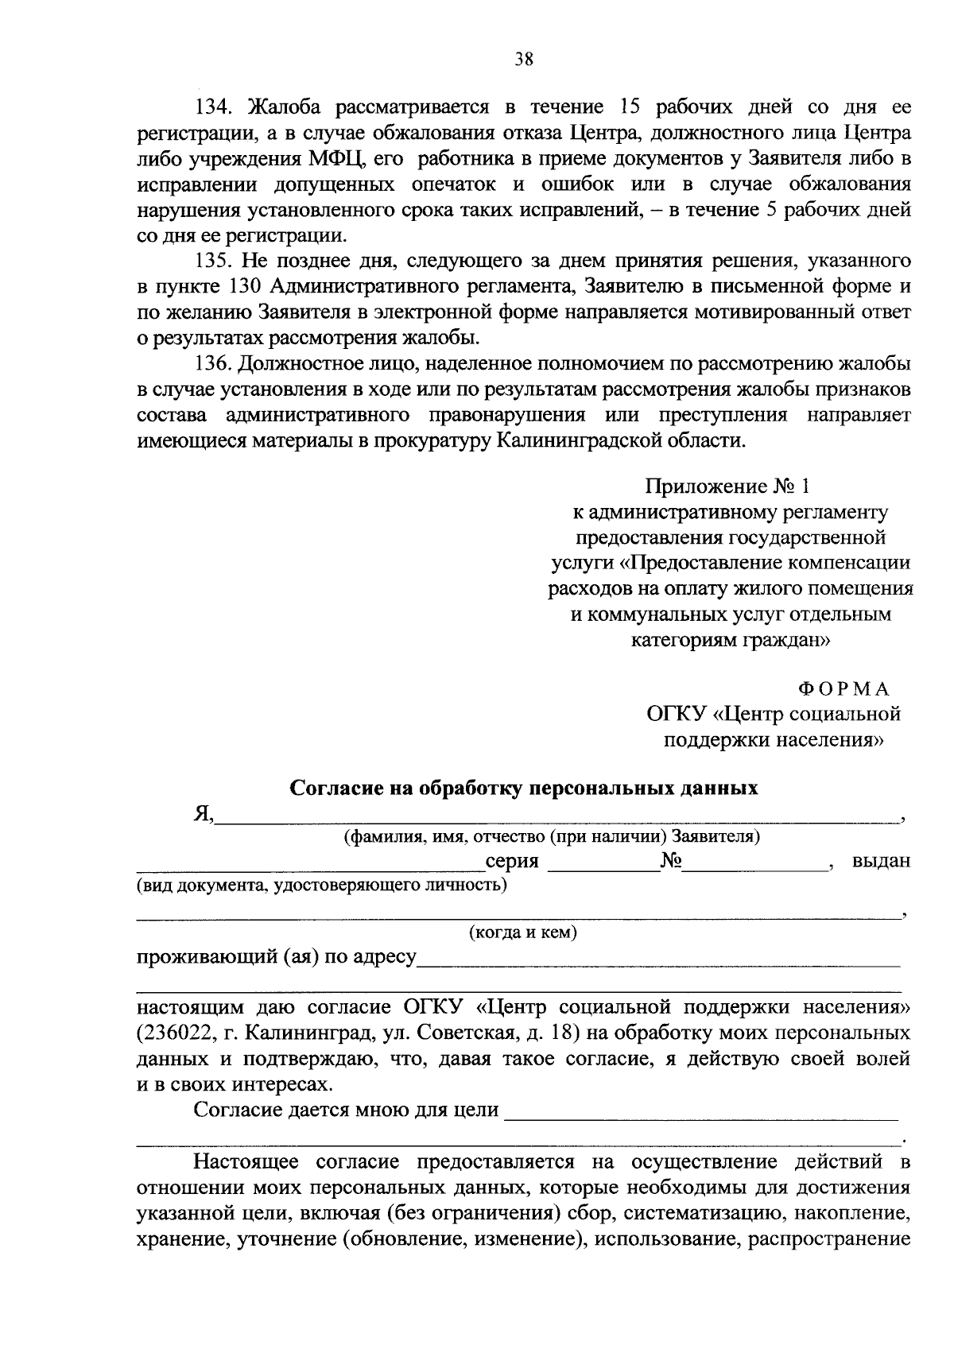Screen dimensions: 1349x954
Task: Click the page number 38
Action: (x=524, y=60)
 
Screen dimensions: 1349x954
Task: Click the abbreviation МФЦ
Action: (x=335, y=158)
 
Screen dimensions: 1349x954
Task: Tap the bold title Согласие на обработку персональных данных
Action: (x=524, y=788)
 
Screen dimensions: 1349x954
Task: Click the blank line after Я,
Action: (x=556, y=812)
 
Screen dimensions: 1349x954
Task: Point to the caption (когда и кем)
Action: (x=522, y=932)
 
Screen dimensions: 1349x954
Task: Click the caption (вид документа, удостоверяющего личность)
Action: (x=322, y=885)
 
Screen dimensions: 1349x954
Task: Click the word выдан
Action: (x=881, y=861)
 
